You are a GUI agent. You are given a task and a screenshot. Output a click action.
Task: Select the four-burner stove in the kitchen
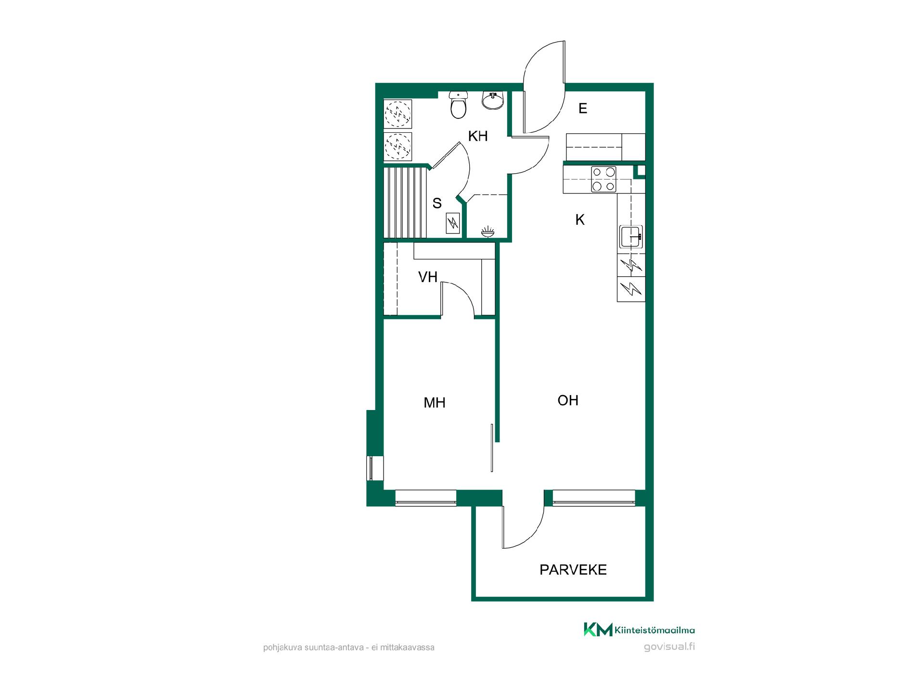(603, 179)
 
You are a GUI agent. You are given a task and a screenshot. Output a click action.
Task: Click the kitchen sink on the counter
(631, 236)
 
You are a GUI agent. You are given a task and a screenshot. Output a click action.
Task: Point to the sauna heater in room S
(453, 223)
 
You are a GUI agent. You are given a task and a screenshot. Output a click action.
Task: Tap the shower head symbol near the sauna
(487, 232)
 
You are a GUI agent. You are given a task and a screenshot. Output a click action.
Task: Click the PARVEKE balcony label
(573, 570)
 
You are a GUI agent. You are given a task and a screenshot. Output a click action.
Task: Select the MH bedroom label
(434, 403)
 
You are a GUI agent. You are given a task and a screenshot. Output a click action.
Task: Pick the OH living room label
(568, 400)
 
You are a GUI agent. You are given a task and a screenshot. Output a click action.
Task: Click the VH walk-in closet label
(428, 277)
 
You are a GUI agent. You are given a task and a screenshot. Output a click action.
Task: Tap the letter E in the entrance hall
(583, 109)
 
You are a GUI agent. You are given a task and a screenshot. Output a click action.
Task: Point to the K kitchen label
(580, 220)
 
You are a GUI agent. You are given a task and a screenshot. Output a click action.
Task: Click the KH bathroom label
(478, 136)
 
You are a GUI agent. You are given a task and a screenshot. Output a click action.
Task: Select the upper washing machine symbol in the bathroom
(398, 114)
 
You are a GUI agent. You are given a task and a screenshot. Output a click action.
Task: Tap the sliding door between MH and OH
(492, 448)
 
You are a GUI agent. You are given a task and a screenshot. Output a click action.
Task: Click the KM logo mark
(598, 629)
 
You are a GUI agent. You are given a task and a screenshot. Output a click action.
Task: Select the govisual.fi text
(669, 646)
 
